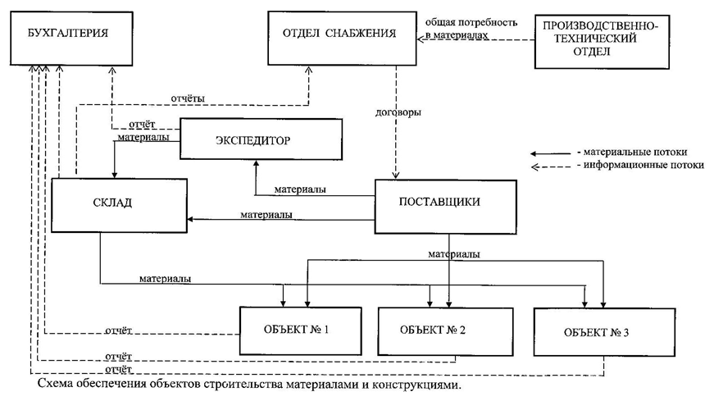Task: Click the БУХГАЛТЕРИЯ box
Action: coord(71,39)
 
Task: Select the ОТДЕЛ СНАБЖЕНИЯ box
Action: coord(342,39)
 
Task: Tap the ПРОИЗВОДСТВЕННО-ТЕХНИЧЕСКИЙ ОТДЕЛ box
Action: coord(602,42)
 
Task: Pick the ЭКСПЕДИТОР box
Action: coord(261,139)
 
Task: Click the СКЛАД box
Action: coord(120,205)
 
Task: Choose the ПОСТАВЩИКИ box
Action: coord(446,207)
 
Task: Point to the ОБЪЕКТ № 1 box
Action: coord(301,330)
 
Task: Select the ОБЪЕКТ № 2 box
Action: coord(446,331)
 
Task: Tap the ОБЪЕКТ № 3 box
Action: coord(605,332)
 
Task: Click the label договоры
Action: coord(398,112)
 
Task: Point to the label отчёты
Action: coord(188,98)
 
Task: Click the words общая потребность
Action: coord(471,22)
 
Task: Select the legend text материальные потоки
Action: coord(635,153)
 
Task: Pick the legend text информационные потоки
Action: coord(644,165)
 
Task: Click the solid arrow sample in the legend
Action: coord(551,153)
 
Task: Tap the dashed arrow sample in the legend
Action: coord(551,166)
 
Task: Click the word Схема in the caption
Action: coord(55,384)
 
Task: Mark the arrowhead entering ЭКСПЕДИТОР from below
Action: coord(256,163)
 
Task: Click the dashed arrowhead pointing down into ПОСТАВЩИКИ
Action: coord(396,175)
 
